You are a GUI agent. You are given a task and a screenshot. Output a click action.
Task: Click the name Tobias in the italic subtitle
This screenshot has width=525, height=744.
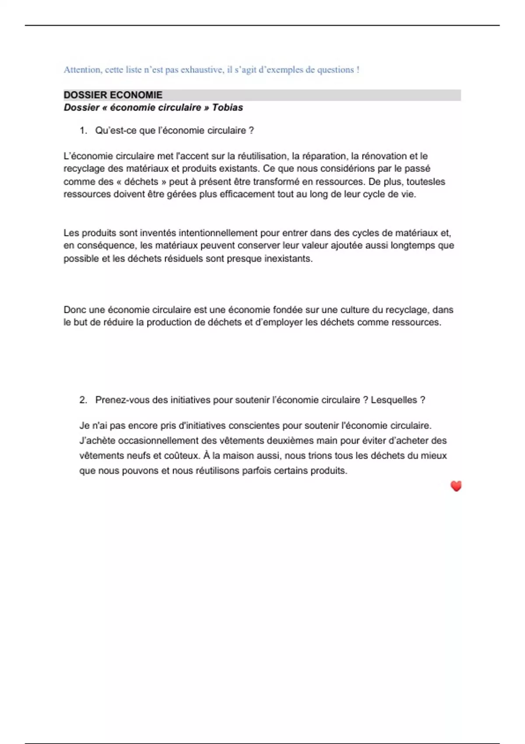227,108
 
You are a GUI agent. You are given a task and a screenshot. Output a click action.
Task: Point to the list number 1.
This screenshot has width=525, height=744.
83,130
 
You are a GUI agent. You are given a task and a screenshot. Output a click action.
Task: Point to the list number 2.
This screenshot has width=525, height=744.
83,400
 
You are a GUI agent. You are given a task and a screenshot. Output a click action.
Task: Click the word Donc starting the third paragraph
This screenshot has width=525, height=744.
75,310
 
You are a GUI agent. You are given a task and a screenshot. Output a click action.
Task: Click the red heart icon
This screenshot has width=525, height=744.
456,486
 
